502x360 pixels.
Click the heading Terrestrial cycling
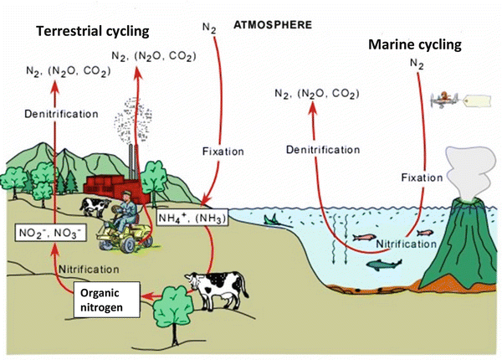pos(92,31)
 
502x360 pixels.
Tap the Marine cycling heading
pos(415,44)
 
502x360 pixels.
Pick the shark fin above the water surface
pos(271,219)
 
